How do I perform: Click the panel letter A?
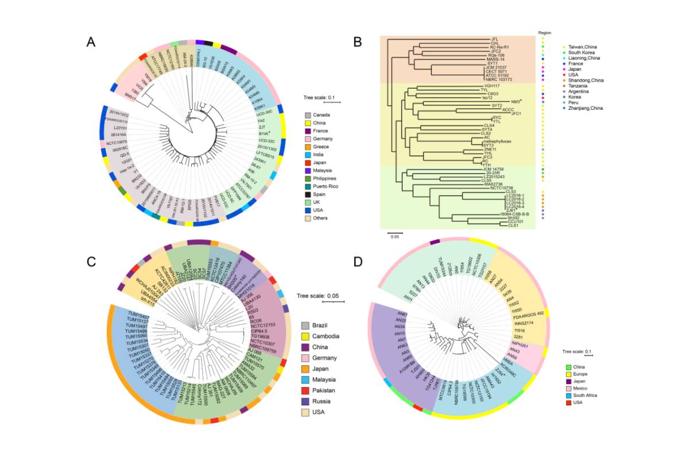[91, 42]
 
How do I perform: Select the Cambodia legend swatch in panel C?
[307, 336]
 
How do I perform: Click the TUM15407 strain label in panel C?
[138, 316]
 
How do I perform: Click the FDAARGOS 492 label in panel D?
[522, 314]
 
